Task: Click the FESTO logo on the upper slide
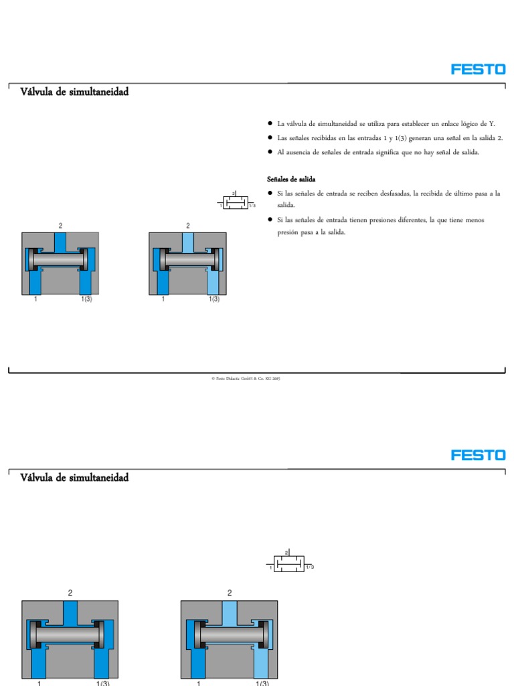(478, 69)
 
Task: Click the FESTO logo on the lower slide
(478, 455)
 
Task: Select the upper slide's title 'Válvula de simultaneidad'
(74, 92)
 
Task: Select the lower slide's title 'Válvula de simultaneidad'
(74, 478)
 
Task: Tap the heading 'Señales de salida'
(291, 180)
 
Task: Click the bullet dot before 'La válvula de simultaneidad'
(269, 124)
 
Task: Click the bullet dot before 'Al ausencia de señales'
(269, 152)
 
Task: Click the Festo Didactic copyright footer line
(246, 379)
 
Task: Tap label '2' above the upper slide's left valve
(60, 226)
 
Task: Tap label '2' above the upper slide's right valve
(187, 226)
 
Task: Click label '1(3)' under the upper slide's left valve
(87, 299)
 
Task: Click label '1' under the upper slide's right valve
(163, 299)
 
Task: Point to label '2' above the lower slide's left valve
(70, 593)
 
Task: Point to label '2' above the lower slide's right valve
(230, 593)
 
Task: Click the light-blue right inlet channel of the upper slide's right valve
(213, 281)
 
